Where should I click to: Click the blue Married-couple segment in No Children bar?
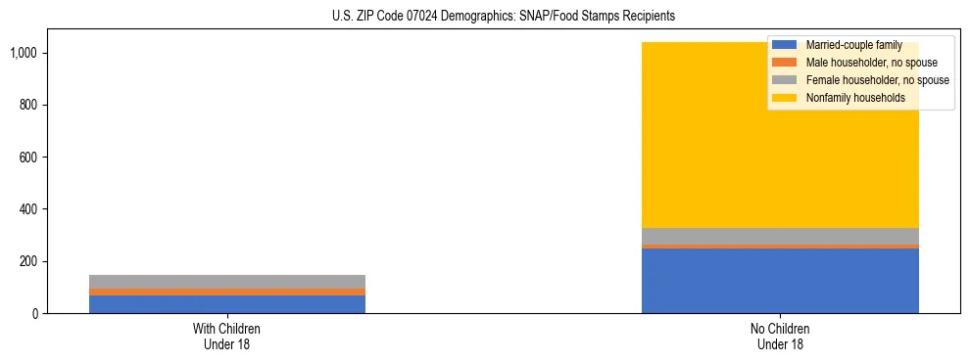click(x=780, y=281)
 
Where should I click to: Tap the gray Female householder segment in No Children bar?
click(x=780, y=236)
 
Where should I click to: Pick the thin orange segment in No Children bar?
click(x=780, y=247)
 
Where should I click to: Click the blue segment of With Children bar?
click(x=226, y=304)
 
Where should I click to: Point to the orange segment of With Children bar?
click(x=226, y=292)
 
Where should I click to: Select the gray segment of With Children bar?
click(x=226, y=281)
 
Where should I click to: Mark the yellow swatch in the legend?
click(x=785, y=98)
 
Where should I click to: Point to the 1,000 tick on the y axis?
click(x=24, y=53)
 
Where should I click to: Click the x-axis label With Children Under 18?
click(x=226, y=336)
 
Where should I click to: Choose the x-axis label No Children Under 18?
click(x=780, y=336)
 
